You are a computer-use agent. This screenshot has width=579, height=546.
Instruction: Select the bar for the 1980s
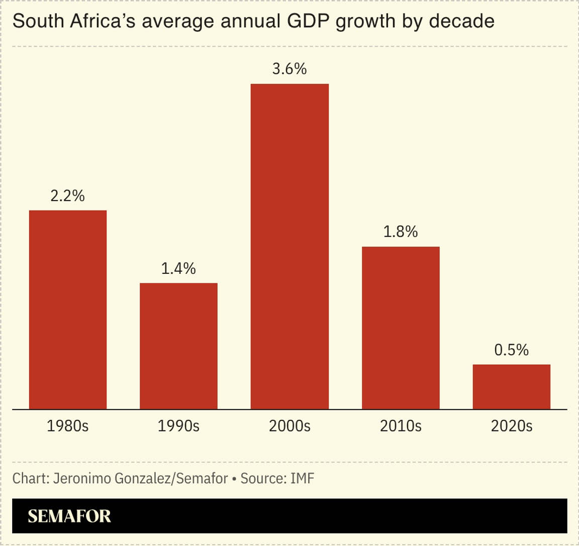(x=68, y=309)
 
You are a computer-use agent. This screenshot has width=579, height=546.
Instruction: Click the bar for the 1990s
(x=178, y=346)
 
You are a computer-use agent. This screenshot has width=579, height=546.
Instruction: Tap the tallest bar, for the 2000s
(x=289, y=246)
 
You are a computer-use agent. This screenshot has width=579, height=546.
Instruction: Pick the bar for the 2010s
(x=401, y=327)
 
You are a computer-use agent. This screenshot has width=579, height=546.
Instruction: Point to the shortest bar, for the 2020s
(x=511, y=386)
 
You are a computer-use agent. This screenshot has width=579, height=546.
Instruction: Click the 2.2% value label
(x=68, y=196)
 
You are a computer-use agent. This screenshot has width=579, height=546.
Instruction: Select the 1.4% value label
(x=178, y=269)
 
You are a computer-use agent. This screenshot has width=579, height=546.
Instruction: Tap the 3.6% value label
(x=289, y=69)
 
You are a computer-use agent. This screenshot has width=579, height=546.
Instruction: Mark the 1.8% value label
(x=401, y=232)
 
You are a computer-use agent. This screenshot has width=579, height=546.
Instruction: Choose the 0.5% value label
(x=511, y=350)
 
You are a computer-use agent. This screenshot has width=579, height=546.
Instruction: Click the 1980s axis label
(x=68, y=426)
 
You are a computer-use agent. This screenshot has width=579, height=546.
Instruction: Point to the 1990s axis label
(x=178, y=426)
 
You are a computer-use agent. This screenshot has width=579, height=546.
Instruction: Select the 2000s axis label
(x=289, y=426)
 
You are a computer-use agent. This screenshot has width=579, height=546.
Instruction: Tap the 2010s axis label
(x=401, y=426)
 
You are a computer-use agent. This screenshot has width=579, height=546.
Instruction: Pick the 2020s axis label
(x=511, y=426)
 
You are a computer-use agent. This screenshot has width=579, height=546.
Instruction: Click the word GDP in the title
(x=310, y=22)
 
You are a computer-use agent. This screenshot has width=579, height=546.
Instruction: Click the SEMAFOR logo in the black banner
(x=69, y=516)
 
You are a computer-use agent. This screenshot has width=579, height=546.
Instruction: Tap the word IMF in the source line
(x=302, y=478)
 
